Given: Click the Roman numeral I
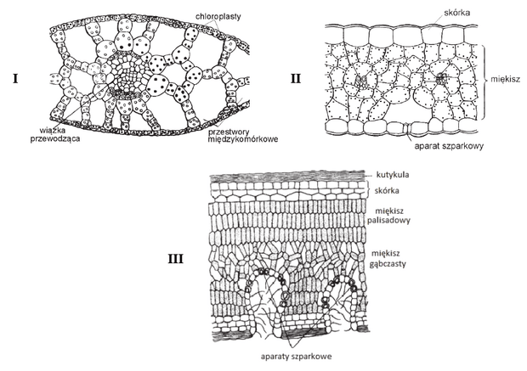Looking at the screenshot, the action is (15, 79).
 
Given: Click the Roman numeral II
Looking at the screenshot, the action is (296, 79).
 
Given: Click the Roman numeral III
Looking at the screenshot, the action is (175, 259).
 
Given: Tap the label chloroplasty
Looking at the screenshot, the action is (218, 16).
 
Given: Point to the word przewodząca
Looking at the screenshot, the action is (55, 138).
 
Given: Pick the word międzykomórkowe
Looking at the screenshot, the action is (242, 138).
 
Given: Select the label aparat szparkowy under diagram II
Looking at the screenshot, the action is (449, 146).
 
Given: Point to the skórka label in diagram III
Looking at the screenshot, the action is (387, 191).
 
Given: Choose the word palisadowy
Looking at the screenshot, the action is (388, 221).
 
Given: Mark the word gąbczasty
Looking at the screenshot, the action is (388, 263).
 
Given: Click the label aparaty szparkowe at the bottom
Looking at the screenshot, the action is (296, 357).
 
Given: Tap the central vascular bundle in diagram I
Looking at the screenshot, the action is (127, 76).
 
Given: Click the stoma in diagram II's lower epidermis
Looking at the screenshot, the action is (406, 128).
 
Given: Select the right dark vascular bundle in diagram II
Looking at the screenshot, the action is (440, 79).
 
